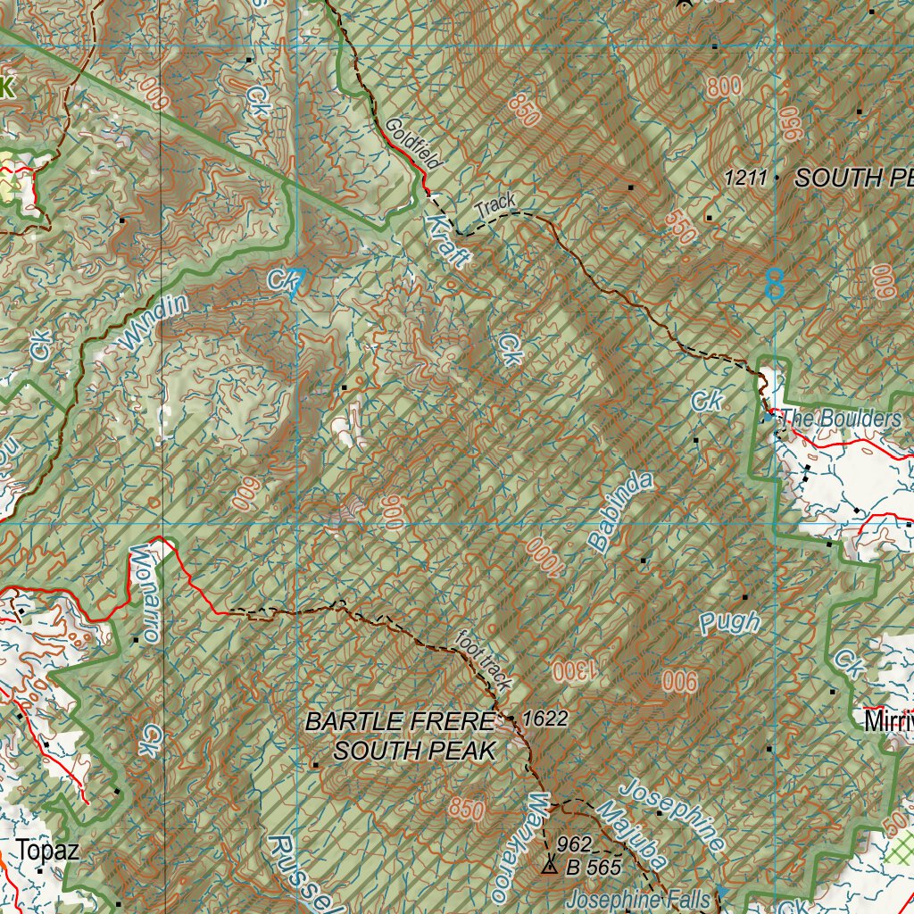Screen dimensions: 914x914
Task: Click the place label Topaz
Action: pos(47,851)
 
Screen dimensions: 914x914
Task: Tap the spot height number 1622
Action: pos(545,719)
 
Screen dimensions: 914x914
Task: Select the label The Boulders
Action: pos(841,419)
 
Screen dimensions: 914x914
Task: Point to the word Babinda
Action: pos(621,511)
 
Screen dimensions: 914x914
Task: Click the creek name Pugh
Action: pos(730,623)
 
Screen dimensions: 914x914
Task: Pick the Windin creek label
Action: pos(154,323)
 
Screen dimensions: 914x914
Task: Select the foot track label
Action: pos(484,661)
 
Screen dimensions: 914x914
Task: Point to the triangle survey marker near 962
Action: pos(549,865)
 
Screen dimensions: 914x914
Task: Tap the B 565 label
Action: pos(593,866)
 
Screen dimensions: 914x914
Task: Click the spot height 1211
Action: pos(745,179)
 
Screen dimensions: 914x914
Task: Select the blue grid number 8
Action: pos(775,284)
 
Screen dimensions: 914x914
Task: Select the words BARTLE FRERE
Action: pos(399,721)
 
